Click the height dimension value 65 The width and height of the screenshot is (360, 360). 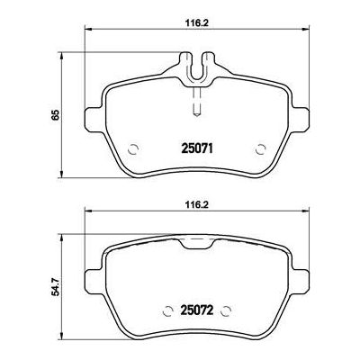(32, 116)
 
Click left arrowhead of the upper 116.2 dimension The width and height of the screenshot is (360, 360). (87, 31)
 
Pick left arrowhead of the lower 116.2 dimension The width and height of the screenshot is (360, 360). (87, 212)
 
